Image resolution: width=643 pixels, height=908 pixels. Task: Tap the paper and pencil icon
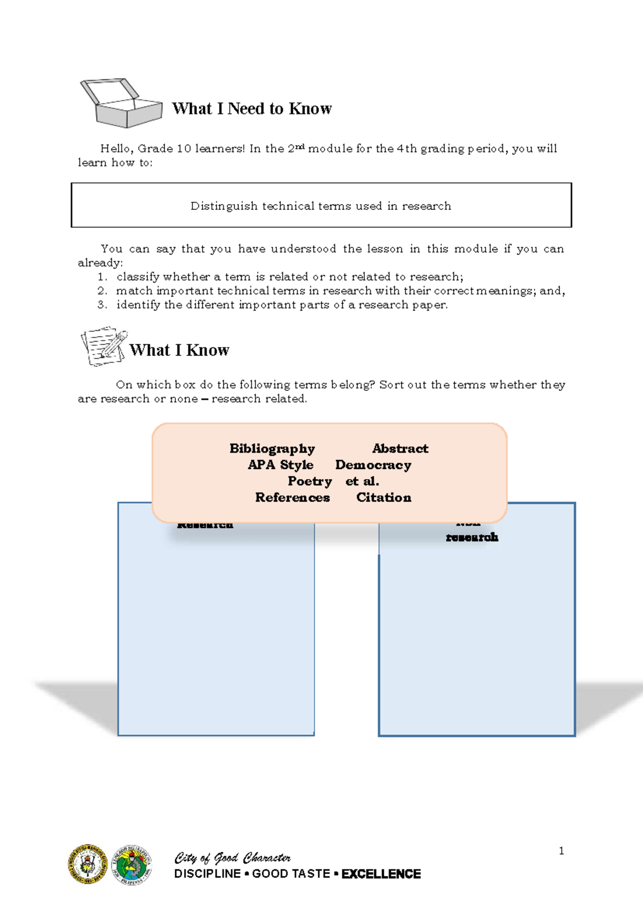click(x=104, y=346)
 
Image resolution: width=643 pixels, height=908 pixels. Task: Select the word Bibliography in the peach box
click(x=272, y=449)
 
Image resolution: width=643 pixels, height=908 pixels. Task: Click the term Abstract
click(x=400, y=449)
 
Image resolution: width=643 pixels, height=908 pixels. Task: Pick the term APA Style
click(x=280, y=465)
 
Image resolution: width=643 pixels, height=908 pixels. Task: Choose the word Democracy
click(x=373, y=465)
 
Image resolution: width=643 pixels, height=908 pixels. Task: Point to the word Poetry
click(x=310, y=481)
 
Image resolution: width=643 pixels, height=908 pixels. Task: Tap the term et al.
click(x=362, y=481)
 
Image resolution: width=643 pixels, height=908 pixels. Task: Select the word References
click(x=293, y=497)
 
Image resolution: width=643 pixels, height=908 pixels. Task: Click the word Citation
click(x=384, y=497)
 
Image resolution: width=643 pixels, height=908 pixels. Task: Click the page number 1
click(x=561, y=851)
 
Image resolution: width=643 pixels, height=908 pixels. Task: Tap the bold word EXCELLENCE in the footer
click(x=381, y=874)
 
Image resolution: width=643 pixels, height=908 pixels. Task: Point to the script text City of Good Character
click(x=233, y=858)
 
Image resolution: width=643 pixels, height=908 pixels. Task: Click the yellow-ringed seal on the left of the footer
click(x=88, y=864)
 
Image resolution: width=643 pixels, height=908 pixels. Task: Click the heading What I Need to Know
click(x=252, y=109)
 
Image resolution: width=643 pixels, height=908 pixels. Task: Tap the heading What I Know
click(x=180, y=350)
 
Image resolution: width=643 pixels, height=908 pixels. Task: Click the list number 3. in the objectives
click(x=102, y=305)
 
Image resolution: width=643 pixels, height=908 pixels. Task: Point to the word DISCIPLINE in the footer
click(x=207, y=874)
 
